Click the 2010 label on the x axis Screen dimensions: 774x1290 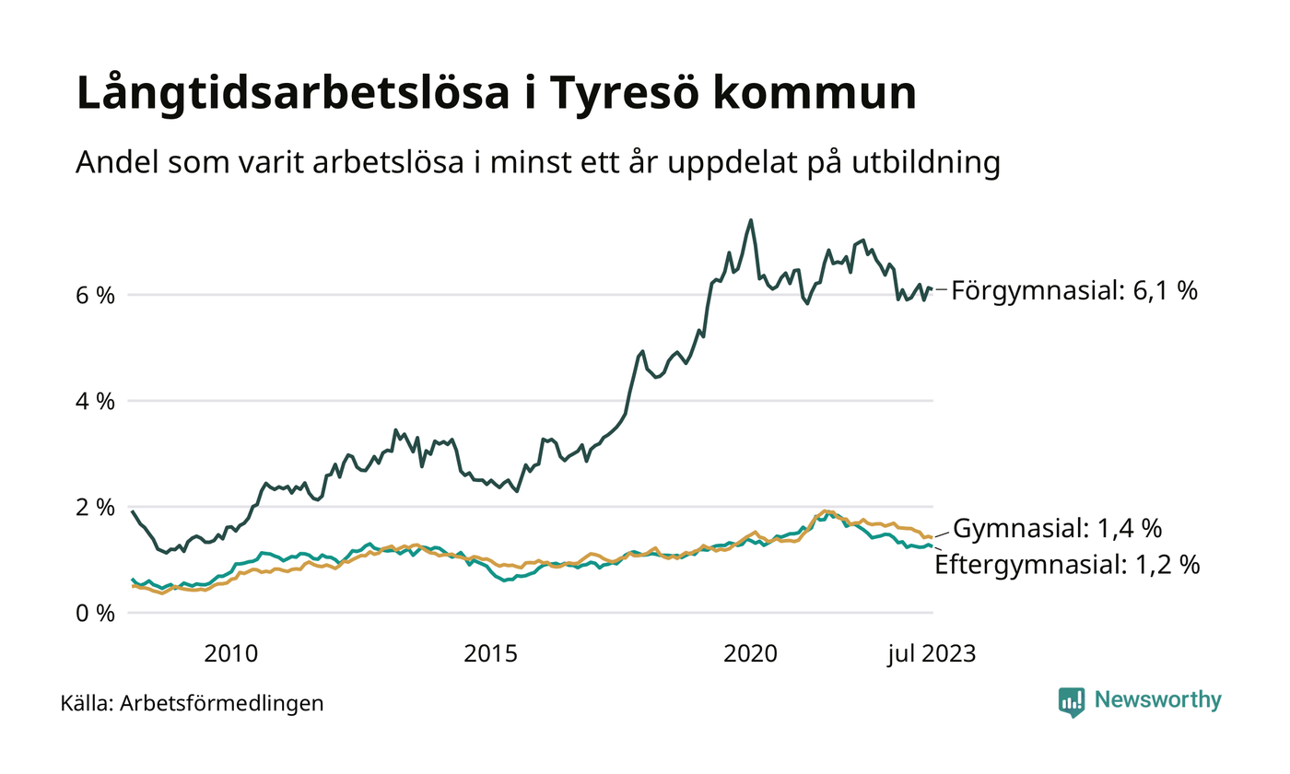pos(230,654)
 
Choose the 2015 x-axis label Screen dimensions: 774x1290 pos(491,654)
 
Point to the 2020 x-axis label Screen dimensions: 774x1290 pos(752,654)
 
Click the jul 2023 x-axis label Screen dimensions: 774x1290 pos(931,654)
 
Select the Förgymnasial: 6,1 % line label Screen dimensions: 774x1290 pos(1074,291)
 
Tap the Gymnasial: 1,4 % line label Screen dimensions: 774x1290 pos(1057,530)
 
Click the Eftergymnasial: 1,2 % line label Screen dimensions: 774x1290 pos(1067,565)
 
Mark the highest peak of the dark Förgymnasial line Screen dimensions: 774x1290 pos(751,220)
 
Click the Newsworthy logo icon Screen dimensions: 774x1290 pos(1072,701)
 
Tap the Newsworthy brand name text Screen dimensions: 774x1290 pos(1157,700)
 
